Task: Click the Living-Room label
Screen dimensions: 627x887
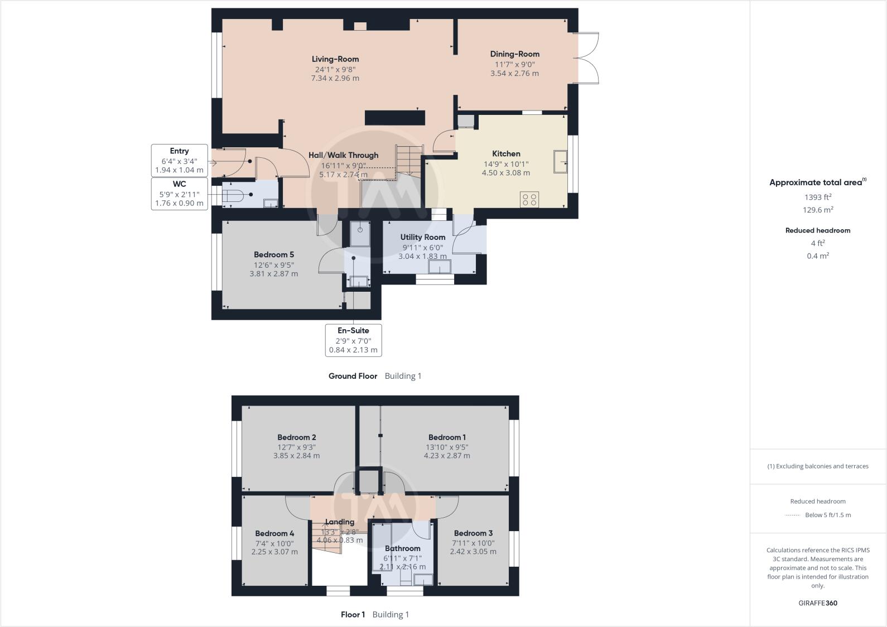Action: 335,59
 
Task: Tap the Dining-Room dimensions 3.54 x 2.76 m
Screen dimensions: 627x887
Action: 514,73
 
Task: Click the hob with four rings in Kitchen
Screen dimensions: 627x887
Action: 529,199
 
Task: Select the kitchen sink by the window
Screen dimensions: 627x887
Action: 560,162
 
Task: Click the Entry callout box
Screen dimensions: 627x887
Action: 179,161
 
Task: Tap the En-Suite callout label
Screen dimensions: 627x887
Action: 353,330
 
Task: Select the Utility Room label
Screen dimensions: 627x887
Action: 422,237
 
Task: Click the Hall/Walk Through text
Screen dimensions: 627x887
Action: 343,156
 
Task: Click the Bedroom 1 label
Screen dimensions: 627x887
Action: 447,437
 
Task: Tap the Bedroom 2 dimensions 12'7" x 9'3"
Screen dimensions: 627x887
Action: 296,447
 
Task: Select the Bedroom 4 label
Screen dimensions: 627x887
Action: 274,533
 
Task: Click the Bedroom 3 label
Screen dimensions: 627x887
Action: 473,533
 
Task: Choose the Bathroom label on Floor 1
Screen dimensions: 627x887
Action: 402,548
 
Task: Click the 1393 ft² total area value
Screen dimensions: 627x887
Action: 818,197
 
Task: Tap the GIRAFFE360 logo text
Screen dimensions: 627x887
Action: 818,603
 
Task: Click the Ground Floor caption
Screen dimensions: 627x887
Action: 353,376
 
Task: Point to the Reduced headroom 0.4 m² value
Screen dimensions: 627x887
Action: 818,256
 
